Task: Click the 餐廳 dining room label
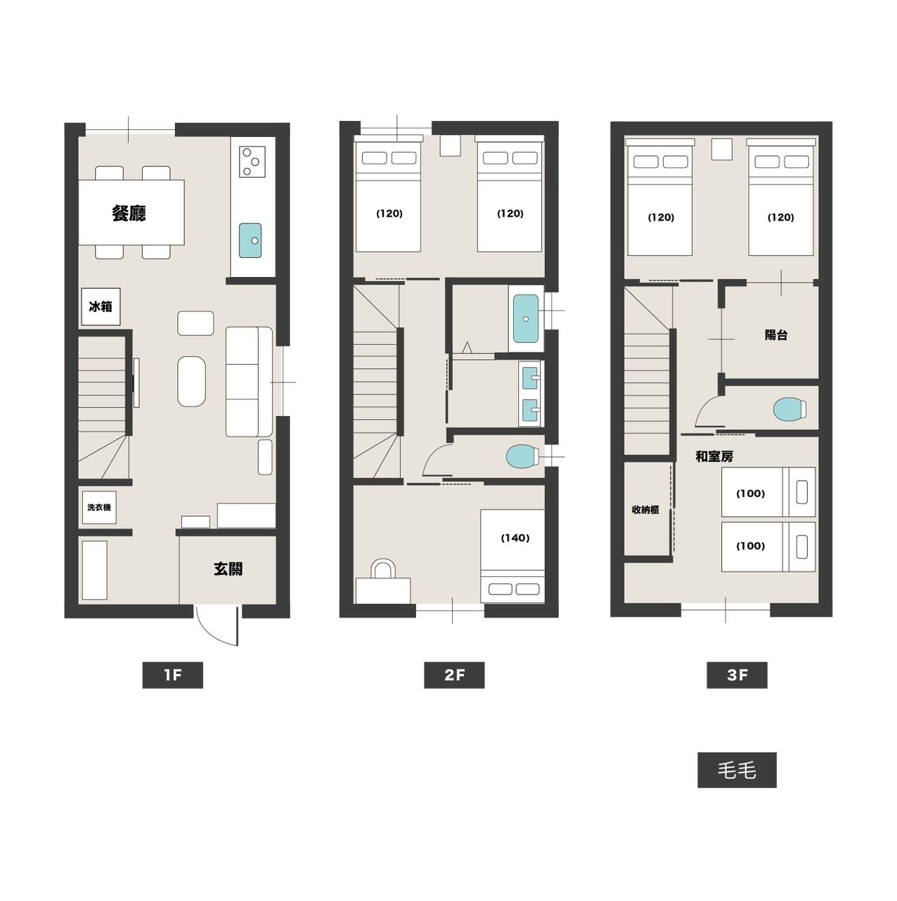[x=129, y=213]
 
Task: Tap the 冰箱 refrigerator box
[x=101, y=306]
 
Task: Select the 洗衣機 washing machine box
[x=98, y=507]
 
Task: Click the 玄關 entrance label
[x=228, y=569]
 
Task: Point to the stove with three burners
[x=252, y=162]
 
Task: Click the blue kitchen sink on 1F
[x=250, y=240]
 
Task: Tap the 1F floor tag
[x=172, y=675]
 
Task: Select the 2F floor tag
[x=454, y=675]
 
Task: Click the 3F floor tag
[x=737, y=675]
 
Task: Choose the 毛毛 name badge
[x=737, y=770]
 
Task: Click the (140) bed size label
[x=515, y=538]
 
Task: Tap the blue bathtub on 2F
[x=526, y=318]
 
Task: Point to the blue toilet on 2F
[x=522, y=456]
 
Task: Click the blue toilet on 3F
[x=789, y=409]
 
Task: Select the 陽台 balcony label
[x=776, y=335]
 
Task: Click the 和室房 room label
[x=714, y=456]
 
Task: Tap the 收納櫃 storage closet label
[x=645, y=510]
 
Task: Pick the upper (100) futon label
[x=751, y=493]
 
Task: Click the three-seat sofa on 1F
[x=249, y=382]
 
